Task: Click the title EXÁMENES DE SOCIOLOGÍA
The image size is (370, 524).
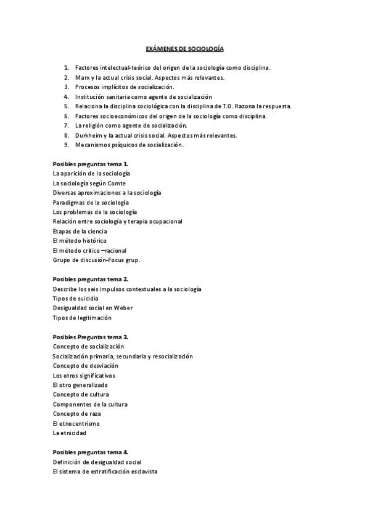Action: (x=184, y=48)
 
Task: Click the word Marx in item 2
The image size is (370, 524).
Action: (x=81, y=77)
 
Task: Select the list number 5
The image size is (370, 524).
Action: (x=66, y=106)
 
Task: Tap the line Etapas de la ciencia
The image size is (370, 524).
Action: (x=80, y=231)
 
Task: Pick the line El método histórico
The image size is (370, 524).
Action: (x=80, y=240)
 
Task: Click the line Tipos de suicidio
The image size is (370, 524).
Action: (x=75, y=298)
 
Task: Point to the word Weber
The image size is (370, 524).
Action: (x=123, y=308)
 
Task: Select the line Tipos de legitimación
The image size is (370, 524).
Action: (x=82, y=318)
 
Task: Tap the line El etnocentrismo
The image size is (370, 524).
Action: (x=76, y=423)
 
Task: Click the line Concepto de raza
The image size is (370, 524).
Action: (x=77, y=413)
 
